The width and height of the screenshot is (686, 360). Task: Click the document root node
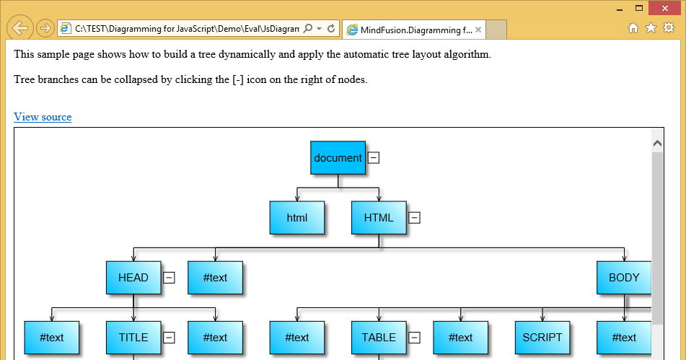tap(338, 158)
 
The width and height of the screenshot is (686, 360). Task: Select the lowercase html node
tap(296, 218)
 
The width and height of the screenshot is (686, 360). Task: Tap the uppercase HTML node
tap(379, 218)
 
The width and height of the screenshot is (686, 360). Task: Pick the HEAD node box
tap(133, 278)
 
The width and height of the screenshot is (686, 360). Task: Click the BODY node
tap(624, 278)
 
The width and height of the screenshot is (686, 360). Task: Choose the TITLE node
tap(133, 338)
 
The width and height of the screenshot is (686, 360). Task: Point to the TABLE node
tap(379, 338)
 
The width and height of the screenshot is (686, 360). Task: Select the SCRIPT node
tap(542, 338)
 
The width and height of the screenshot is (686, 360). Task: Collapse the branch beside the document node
tap(374, 157)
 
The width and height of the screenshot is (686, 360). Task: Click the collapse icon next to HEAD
tap(169, 278)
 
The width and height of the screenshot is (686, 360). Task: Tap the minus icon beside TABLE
tap(414, 338)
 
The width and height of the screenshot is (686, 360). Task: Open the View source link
tap(43, 117)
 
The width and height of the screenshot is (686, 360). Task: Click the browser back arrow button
tap(20, 28)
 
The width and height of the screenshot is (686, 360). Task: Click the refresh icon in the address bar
tap(331, 29)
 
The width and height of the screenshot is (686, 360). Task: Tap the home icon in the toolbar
tap(633, 28)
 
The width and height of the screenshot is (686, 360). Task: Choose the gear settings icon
tap(669, 28)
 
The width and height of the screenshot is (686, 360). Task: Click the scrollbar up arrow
tap(657, 144)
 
